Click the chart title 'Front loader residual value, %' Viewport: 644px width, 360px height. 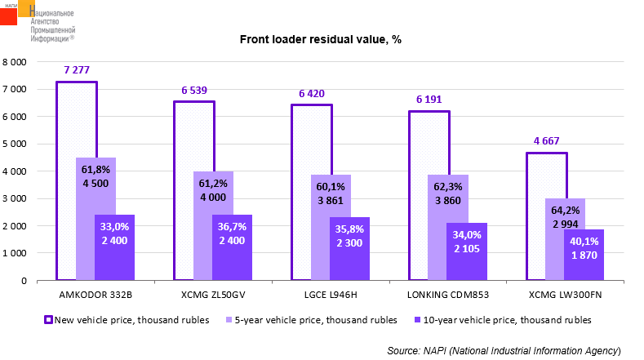click(320, 39)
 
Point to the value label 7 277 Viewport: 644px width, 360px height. click(76, 69)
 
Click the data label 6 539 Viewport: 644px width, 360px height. click(193, 89)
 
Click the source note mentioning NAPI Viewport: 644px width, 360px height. click(504, 349)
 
